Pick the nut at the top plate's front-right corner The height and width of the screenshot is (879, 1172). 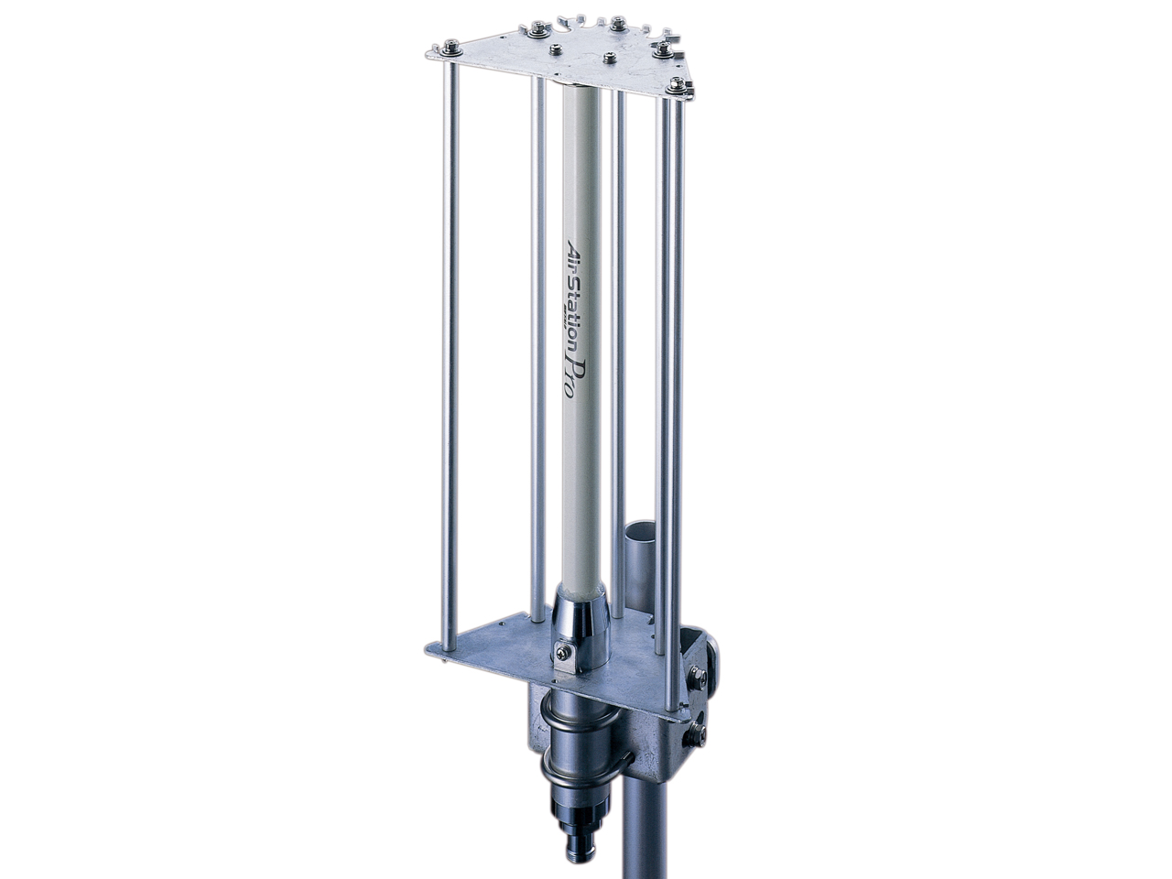tap(678, 85)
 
